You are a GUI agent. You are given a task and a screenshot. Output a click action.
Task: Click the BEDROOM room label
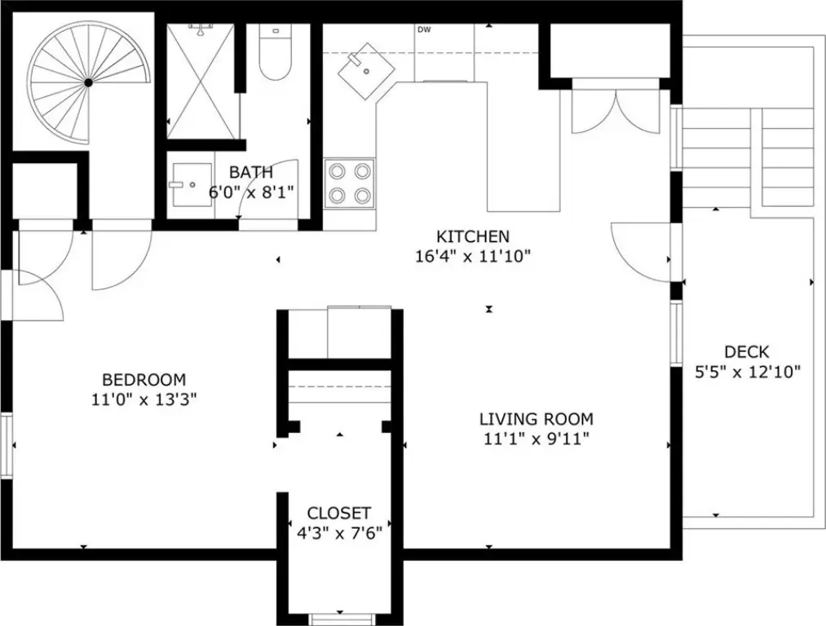click(x=144, y=380)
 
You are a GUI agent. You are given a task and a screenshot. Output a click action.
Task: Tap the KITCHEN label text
click(x=473, y=236)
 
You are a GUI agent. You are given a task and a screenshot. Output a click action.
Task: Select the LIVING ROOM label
click(x=537, y=419)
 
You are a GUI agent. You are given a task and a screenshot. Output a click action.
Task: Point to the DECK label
click(x=746, y=351)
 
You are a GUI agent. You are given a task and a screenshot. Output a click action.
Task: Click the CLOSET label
click(x=339, y=513)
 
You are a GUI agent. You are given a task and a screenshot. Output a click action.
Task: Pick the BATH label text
click(x=251, y=172)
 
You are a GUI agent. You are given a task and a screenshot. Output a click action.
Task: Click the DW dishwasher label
click(x=424, y=30)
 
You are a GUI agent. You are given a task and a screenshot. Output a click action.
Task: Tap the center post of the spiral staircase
click(x=89, y=82)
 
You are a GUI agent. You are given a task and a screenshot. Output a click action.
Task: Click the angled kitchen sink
click(x=367, y=71)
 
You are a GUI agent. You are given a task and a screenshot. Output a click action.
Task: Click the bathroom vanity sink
click(x=191, y=185)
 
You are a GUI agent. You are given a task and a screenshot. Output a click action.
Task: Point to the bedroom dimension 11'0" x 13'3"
click(x=144, y=399)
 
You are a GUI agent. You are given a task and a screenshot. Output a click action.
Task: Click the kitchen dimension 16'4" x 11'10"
click(x=473, y=257)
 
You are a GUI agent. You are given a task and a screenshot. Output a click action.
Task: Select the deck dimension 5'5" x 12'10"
click(x=748, y=372)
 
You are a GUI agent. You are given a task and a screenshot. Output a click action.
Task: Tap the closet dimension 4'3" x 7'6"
click(x=339, y=533)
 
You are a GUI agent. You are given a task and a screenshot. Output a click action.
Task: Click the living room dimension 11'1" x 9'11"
click(x=537, y=439)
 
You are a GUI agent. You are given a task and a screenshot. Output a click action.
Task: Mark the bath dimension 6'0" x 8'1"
click(x=251, y=192)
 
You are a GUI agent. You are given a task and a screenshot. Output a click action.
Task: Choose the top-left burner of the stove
click(x=337, y=171)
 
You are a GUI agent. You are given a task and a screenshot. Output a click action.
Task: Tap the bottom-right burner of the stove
click(x=362, y=196)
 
